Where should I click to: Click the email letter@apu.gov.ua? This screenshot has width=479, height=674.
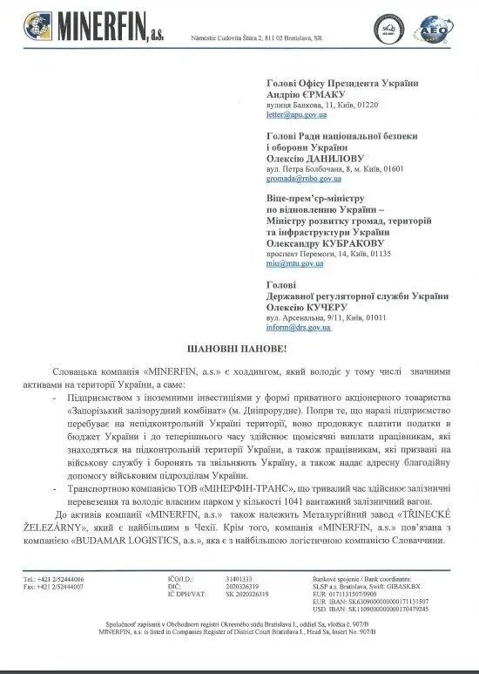coord(297,114)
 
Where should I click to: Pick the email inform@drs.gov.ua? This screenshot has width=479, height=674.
coord(298,328)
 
